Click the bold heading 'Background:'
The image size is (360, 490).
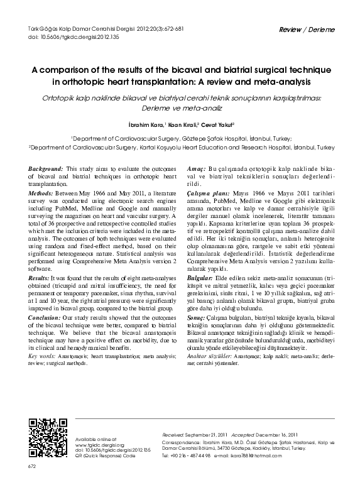[46, 170]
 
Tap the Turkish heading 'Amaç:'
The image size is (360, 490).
[197, 170]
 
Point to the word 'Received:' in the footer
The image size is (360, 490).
[172, 435]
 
